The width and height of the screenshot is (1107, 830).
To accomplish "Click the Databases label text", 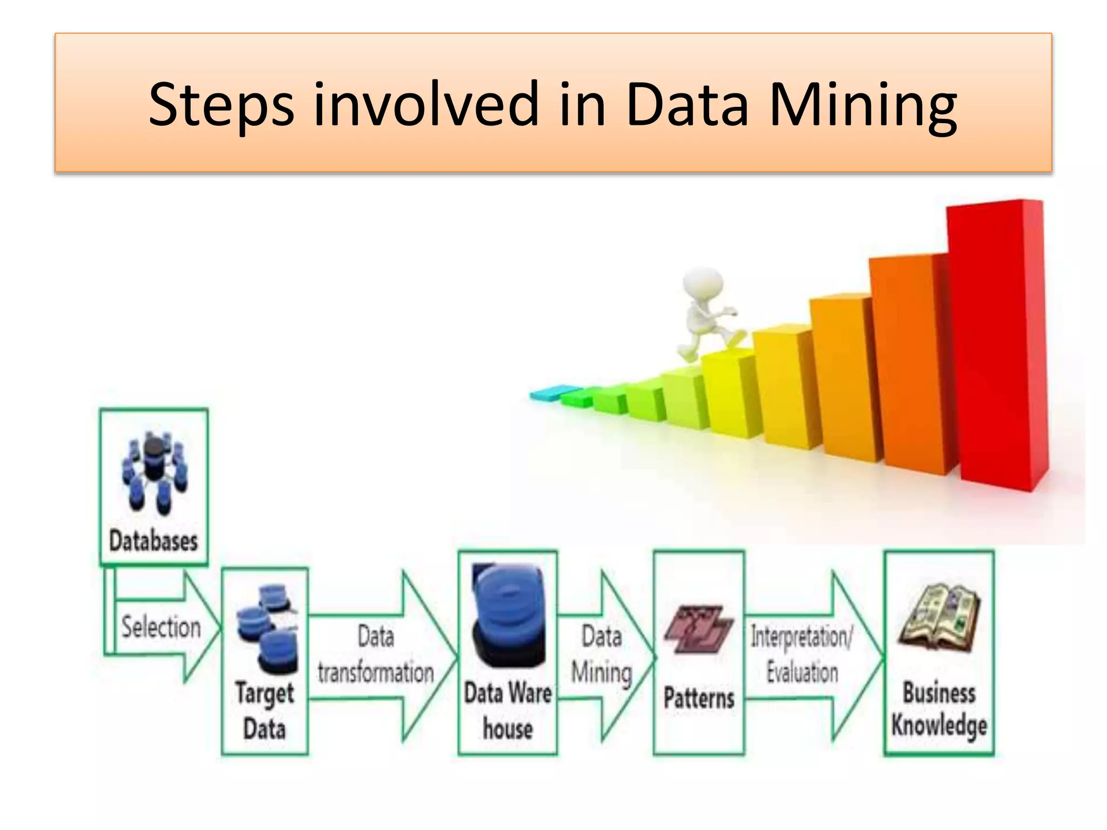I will pos(154,541).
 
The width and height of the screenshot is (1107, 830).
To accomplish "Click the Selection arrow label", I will pos(161,627).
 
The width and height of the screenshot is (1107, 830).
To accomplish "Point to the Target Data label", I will pos(264,711).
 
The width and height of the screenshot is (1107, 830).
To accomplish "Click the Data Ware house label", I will pos(508,711).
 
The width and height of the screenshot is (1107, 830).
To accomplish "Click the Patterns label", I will pos(698,698).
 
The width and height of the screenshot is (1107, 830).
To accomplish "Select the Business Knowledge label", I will pos(939,709).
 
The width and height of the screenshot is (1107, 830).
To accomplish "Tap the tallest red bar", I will pos(997,346).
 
